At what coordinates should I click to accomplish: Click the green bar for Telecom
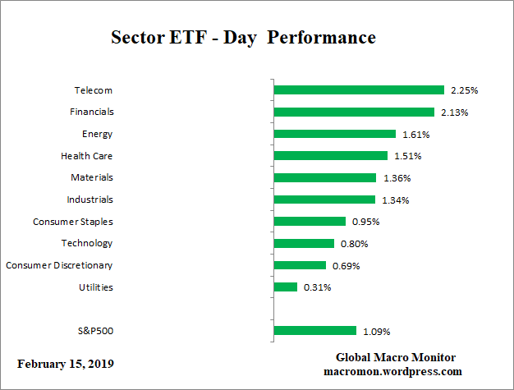(358, 89)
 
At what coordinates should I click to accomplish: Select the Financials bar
(354, 112)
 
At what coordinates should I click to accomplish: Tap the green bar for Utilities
(285, 287)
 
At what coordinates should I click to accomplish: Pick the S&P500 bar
(314, 331)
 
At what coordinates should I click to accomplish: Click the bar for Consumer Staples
(310, 221)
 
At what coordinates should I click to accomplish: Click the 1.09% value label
(376, 332)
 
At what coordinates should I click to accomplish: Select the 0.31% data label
(317, 287)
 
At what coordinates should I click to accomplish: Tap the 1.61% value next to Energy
(415, 134)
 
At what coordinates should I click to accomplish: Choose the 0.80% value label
(355, 244)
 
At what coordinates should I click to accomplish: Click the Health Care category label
(87, 155)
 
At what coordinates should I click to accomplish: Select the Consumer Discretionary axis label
(59, 265)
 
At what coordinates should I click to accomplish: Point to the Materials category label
(92, 177)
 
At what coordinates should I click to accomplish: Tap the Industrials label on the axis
(89, 200)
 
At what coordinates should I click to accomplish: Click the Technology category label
(87, 243)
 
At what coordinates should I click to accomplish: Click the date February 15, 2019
(66, 364)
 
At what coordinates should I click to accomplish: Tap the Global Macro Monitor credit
(396, 357)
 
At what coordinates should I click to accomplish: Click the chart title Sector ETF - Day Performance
(243, 38)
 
